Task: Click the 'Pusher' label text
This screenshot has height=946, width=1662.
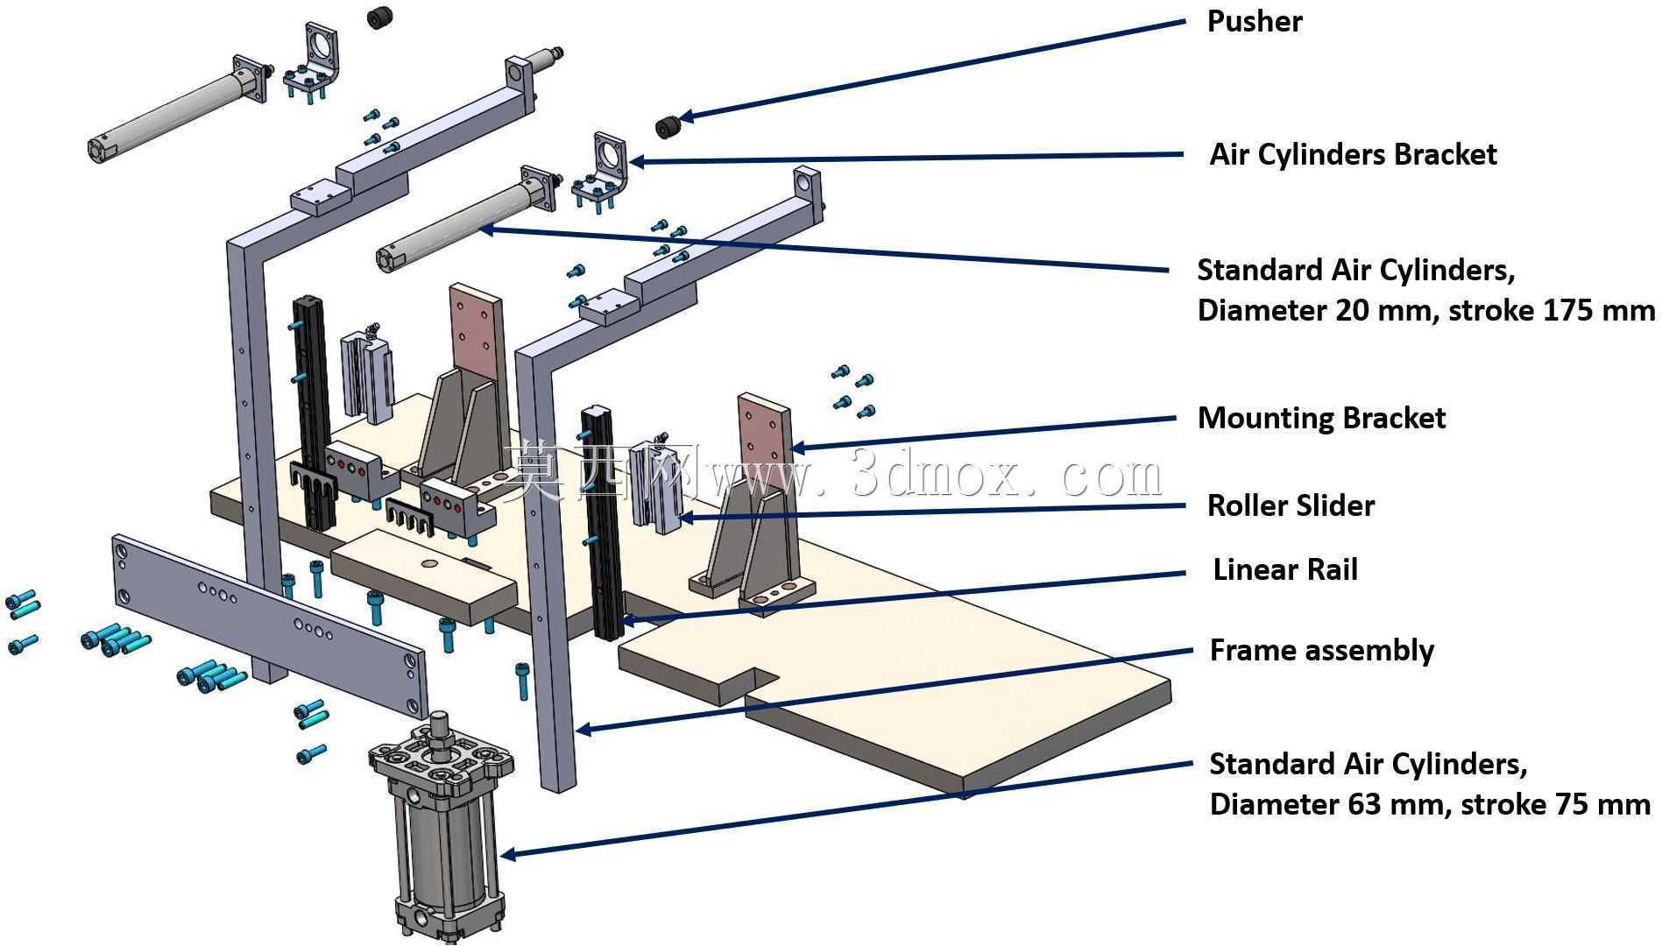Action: point(1254,21)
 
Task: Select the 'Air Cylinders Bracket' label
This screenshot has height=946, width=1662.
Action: point(1353,154)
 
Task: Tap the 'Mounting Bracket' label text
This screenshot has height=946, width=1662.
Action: point(1321,418)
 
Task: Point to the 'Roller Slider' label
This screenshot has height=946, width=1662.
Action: point(1291,505)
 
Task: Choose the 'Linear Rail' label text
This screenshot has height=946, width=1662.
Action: point(1285,570)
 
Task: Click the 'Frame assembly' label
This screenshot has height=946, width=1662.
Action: point(1321,651)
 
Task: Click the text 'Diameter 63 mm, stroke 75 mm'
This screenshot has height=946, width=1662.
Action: point(1430,804)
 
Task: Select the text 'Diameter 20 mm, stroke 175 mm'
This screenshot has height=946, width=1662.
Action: point(1426,310)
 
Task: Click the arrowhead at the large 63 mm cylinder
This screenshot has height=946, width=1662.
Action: point(507,853)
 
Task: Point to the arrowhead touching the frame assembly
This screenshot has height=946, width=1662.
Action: point(583,728)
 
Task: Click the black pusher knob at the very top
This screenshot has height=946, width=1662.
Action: point(379,17)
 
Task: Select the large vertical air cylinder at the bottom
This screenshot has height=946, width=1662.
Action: point(440,828)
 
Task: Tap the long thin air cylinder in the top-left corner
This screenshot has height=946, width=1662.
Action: point(175,109)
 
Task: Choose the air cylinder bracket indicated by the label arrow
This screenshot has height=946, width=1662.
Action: point(602,173)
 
